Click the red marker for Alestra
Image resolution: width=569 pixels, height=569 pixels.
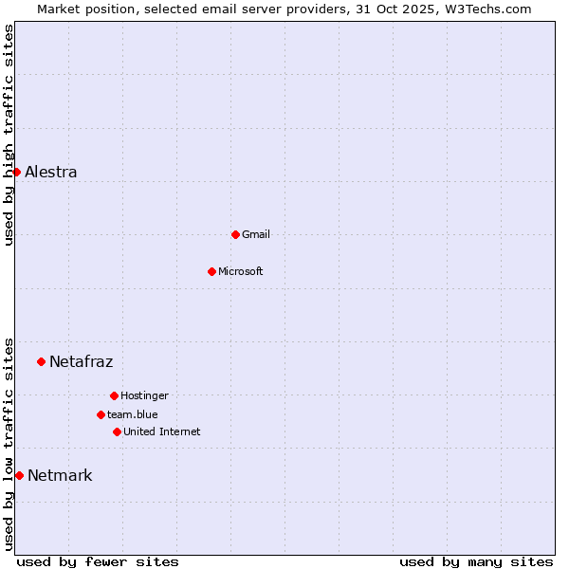(16, 172)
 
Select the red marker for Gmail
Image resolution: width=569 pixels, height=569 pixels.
(235, 234)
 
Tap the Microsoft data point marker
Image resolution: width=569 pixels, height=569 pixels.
(211, 271)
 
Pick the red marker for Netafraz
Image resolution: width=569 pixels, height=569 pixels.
(41, 361)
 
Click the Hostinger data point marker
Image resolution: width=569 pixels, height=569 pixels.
(114, 395)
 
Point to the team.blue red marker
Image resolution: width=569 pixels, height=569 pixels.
(101, 414)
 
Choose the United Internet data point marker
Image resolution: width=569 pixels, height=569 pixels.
(117, 431)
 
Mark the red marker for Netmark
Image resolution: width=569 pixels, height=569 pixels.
(19, 475)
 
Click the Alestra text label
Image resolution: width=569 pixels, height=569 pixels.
(51, 172)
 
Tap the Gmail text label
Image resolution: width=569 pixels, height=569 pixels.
(256, 234)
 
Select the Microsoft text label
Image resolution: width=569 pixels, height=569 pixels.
(241, 271)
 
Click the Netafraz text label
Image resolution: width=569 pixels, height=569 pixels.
(82, 361)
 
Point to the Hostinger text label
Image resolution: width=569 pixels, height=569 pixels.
(144, 395)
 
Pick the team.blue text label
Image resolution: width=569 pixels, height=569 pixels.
(133, 414)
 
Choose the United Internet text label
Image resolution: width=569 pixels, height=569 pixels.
(162, 431)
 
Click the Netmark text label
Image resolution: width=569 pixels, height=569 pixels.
(60, 475)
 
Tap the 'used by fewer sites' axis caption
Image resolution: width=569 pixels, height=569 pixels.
(98, 561)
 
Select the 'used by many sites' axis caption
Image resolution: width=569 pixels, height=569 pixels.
(476, 561)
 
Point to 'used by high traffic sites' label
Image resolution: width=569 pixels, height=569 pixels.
(9, 135)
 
